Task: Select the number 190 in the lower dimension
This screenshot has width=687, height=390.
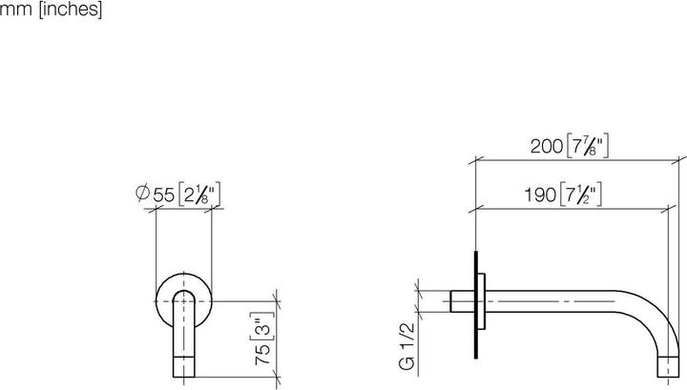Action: pyautogui.click(x=540, y=195)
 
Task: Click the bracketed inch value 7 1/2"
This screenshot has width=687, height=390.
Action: pyautogui.click(x=580, y=195)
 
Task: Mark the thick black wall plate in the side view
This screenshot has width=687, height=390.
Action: pyautogui.click(x=474, y=305)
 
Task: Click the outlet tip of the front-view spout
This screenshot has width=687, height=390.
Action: pyautogui.click(x=183, y=366)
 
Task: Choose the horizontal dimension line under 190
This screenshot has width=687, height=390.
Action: pyautogui.click(x=572, y=207)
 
